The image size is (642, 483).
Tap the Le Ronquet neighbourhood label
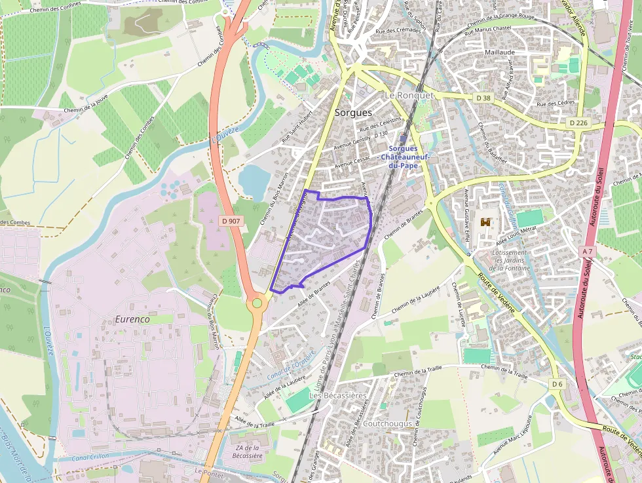click(x=409, y=95)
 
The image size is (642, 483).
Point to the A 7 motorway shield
click(x=587, y=252)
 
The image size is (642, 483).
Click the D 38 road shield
click(x=483, y=98)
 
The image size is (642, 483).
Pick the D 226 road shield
click(x=578, y=123)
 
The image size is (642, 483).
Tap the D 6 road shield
click(x=557, y=383)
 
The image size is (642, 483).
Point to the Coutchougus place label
click(x=387, y=423)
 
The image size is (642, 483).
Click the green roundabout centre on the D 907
click(x=257, y=303)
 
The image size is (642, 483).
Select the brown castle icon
click(x=485, y=223)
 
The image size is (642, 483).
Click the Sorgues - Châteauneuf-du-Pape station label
click(x=403, y=157)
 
